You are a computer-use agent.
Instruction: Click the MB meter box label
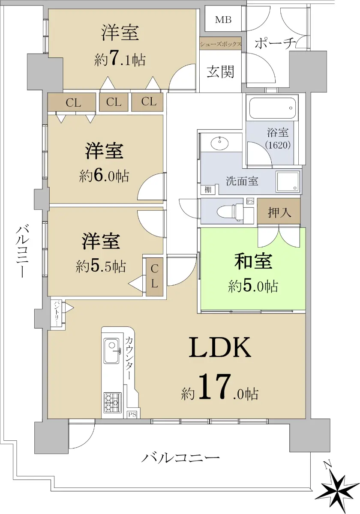point(223,20)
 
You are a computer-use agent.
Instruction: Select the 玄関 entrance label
point(220,72)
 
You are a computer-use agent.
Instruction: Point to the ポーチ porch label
point(275,43)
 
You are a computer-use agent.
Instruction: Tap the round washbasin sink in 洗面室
point(220,143)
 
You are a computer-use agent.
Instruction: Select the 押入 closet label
point(279,212)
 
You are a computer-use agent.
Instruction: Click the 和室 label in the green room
point(253,261)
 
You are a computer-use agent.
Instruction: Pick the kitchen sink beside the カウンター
point(111,350)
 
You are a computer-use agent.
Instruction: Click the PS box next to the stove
point(132,415)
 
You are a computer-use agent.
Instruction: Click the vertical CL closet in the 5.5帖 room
point(155,277)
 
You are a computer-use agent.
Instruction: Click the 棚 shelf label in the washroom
point(208,189)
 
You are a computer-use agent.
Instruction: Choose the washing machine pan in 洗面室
point(288,182)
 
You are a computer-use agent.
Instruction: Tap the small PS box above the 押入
point(250,201)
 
